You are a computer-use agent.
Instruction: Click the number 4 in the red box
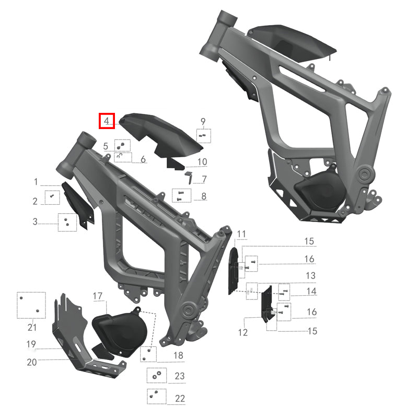pos(107,121)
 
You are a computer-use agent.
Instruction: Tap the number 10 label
pos(202,161)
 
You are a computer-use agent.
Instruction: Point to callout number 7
pos(204,179)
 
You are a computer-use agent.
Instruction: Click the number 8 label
pos(203,196)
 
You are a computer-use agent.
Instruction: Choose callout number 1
pos(36,182)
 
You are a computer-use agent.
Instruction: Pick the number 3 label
pos(35,222)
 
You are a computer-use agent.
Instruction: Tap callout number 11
pos(240,233)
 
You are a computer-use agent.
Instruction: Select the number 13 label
pos(310,275)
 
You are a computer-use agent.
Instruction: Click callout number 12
pos(243,332)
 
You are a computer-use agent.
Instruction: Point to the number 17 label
pos(98,296)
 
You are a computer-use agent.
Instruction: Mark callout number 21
pos(32,328)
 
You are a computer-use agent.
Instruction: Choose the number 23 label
pos(180,376)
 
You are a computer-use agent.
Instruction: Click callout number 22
pos(180,398)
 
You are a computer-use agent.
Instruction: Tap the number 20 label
pos(32,362)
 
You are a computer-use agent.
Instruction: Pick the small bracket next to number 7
pos(189,177)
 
